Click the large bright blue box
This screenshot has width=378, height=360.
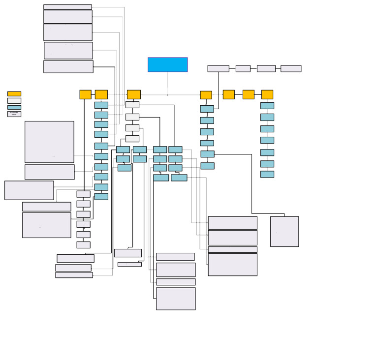(x=167, y=64)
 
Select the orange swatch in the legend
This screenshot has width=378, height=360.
(x=14, y=93)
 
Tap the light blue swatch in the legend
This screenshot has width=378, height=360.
(x=14, y=107)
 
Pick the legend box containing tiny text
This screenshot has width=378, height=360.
(x=14, y=114)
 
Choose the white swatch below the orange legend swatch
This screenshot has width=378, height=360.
(x=14, y=100)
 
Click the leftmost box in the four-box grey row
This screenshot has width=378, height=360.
(x=218, y=68)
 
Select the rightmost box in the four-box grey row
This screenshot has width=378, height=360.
(x=290, y=68)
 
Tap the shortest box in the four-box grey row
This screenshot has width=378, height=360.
(x=243, y=68)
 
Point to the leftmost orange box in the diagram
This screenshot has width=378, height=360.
(x=85, y=94)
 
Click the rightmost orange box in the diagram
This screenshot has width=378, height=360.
(x=267, y=94)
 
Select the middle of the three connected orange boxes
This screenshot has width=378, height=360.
(x=248, y=94)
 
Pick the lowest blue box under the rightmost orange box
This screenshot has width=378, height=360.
(x=267, y=174)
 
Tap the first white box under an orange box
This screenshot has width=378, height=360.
(x=132, y=105)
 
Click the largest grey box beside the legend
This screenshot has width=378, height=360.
(x=49, y=142)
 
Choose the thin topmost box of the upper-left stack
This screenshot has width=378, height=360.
(x=67, y=7)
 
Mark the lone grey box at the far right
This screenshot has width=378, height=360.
(x=284, y=231)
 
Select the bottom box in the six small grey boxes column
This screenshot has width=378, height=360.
(x=83, y=244)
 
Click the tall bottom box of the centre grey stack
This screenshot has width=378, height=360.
(x=176, y=299)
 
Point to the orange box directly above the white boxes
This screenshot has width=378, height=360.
(x=133, y=94)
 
